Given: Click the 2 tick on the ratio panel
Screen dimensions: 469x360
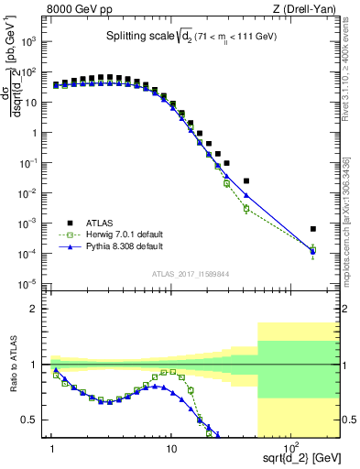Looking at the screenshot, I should pos(42,309).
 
